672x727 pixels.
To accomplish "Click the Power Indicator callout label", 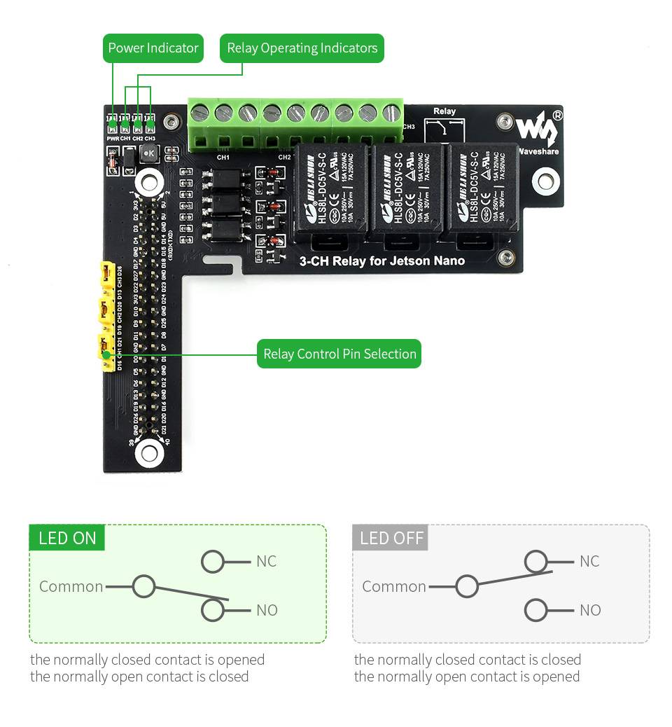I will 153,48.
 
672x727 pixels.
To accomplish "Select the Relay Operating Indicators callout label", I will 302,48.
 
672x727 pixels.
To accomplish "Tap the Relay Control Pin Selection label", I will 339,354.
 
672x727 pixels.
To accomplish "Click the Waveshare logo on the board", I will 538,130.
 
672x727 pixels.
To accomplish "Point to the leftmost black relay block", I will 330,188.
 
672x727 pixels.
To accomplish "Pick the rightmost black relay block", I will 482,187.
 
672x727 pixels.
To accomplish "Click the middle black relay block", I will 407,188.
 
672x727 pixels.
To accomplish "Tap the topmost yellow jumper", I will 107,275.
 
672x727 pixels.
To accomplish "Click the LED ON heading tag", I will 67,538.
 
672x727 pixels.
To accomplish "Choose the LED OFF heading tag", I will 391,538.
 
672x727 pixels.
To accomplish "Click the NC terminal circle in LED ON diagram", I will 213,561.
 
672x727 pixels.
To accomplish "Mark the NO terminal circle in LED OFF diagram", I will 535,610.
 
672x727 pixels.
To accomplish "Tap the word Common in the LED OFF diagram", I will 393,586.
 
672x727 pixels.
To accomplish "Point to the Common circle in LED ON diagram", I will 143,586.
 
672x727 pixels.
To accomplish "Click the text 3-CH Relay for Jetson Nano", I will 381,261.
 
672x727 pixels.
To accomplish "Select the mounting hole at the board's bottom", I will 149,452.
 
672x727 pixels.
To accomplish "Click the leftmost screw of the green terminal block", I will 201,113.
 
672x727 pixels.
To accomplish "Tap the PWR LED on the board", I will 112,125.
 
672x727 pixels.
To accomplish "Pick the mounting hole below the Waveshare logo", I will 545,181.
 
